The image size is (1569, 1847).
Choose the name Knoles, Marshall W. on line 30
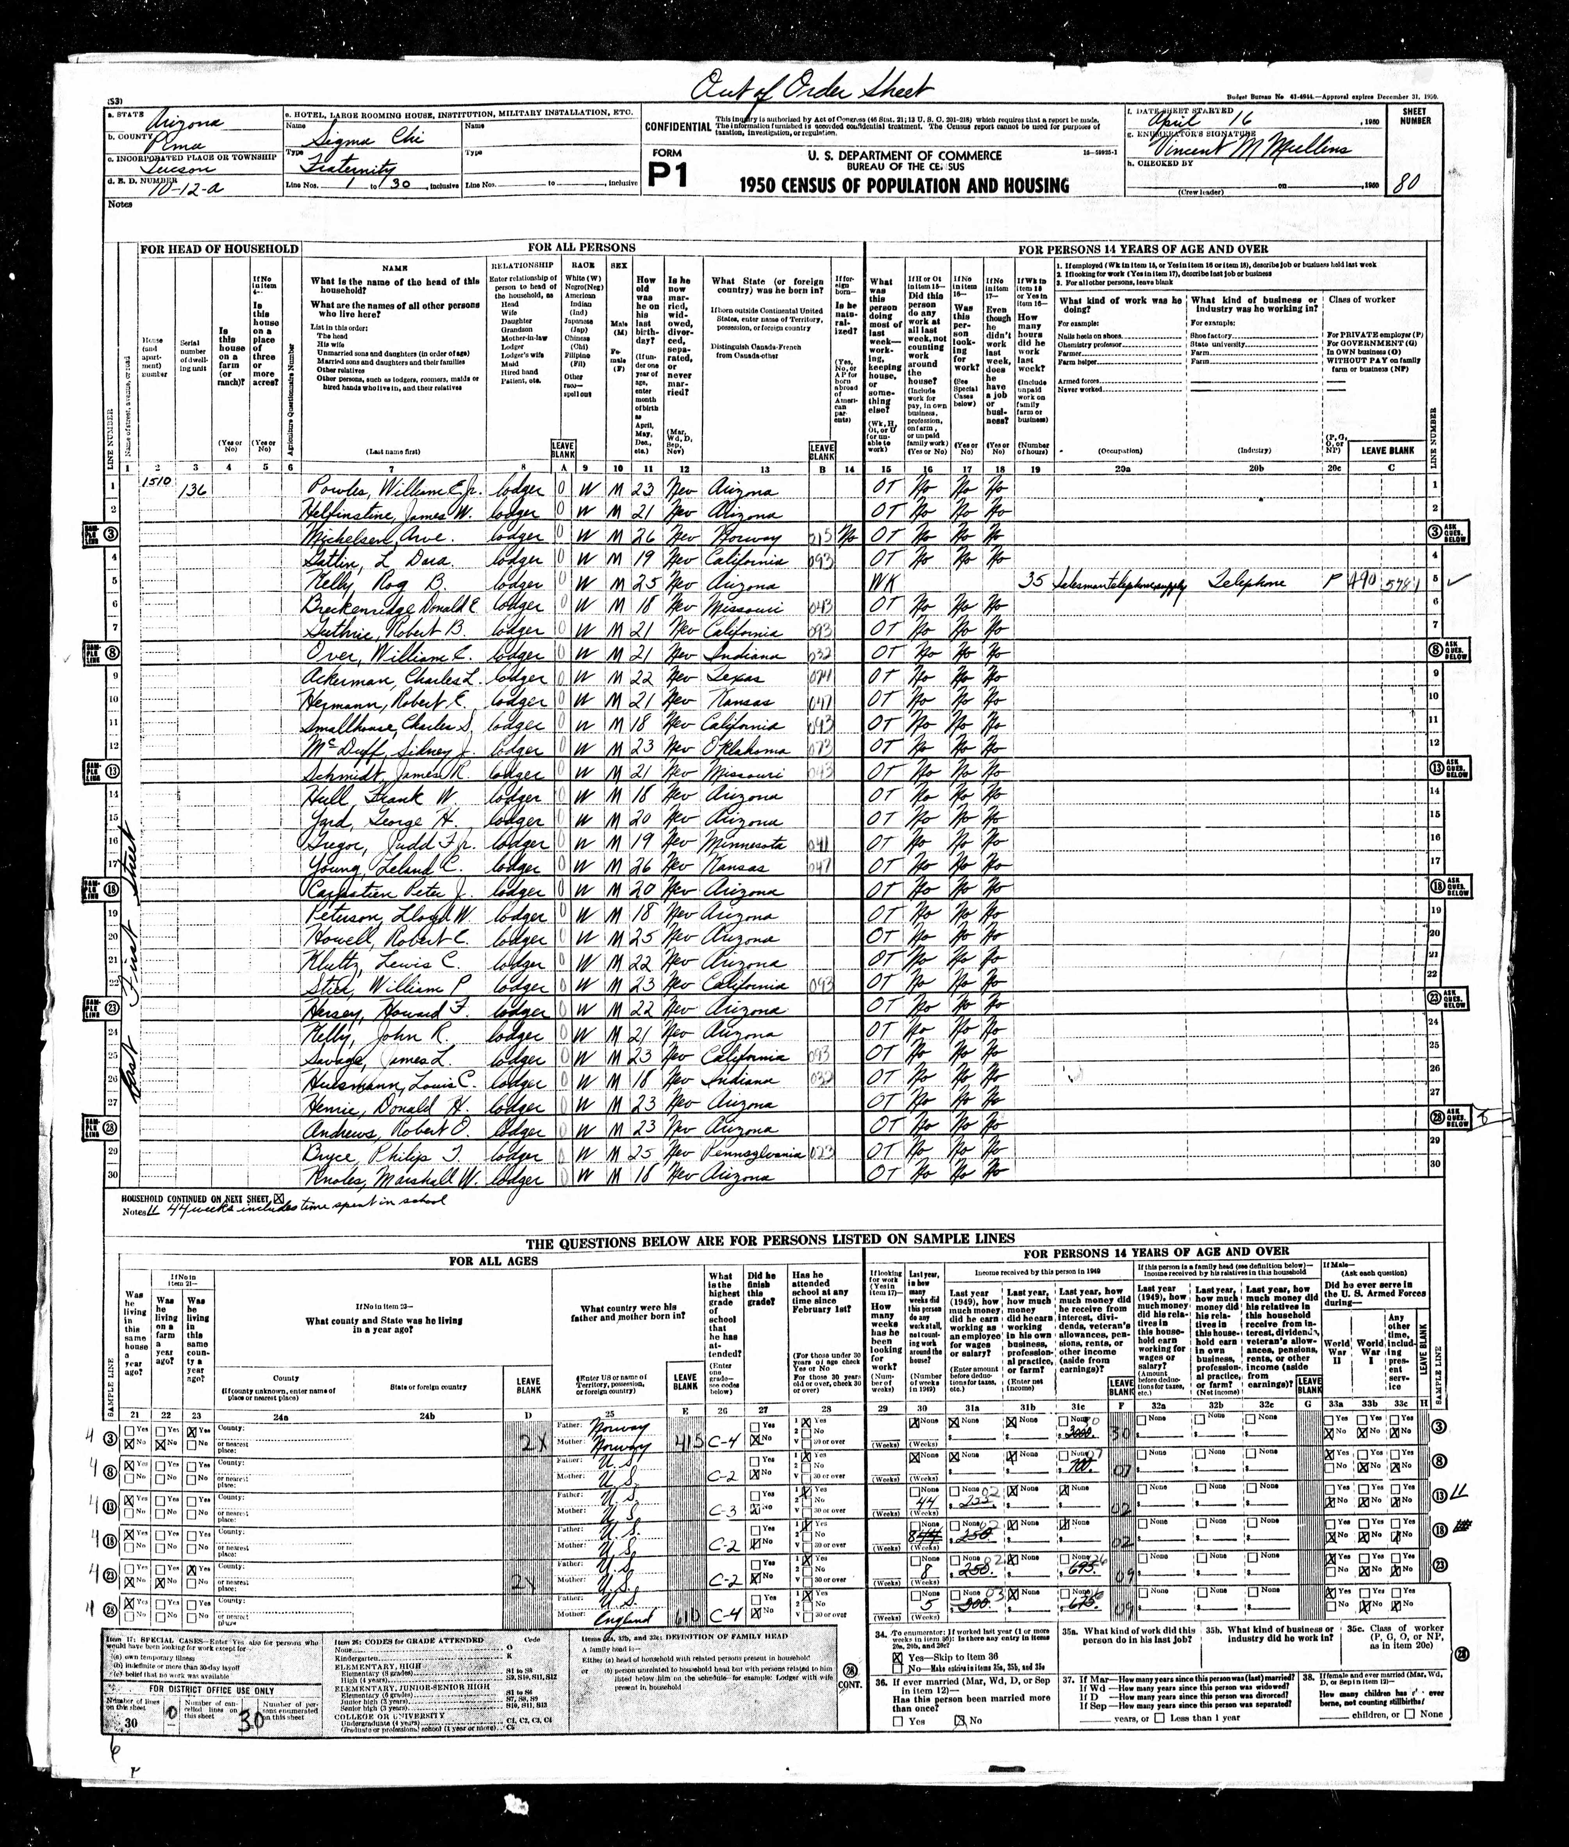point(373,1176)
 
